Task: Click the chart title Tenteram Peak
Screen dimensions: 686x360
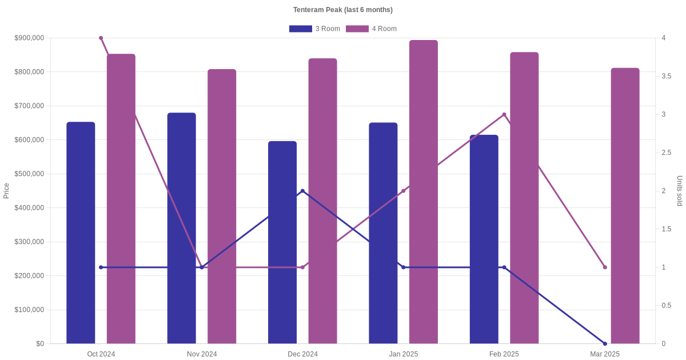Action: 342,10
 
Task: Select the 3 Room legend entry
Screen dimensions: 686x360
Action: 314,29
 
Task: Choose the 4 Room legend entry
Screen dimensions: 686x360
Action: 371,29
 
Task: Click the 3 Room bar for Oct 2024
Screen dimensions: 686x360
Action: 81,233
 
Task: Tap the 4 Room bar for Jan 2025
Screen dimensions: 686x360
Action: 424,191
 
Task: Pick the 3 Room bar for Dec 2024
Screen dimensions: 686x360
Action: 282,242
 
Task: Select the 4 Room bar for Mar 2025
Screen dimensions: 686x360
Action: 625,206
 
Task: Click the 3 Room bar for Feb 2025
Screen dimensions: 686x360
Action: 484,239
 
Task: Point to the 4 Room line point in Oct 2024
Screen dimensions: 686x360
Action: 101,38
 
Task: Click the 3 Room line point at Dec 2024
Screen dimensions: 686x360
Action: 302,191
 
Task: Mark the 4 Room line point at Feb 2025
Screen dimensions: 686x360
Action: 504,114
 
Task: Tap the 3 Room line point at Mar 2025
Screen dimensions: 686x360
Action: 605,343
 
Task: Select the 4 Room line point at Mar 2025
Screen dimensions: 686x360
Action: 605,267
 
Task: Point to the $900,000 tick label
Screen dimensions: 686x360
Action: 29,38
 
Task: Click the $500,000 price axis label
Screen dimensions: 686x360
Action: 29,174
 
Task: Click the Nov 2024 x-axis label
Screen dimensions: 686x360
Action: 202,354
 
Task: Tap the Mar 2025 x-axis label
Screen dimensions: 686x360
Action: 605,354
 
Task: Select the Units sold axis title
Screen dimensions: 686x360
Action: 680,191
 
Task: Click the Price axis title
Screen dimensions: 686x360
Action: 6,191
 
